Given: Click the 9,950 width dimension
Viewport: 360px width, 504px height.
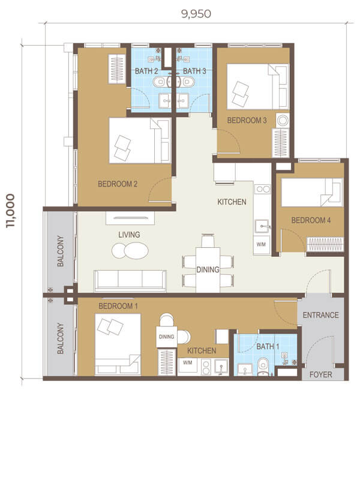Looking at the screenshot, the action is [196, 14].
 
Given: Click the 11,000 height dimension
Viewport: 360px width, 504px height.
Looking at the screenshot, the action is [10, 211].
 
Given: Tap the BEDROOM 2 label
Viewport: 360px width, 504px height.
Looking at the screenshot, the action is [118, 184].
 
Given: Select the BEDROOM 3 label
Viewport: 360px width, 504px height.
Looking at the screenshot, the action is [247, 120].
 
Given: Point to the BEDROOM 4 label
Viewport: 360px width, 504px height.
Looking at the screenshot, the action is [311, 220].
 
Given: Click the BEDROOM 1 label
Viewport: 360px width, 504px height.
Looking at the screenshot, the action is [118, 306].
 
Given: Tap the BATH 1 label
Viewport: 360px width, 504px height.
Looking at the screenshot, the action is [268, 347].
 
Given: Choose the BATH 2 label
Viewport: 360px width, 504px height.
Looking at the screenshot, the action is [146, 71].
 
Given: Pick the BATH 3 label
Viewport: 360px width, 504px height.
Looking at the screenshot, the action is [194, 71].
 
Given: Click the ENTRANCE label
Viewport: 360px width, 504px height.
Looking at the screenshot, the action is [321, 315].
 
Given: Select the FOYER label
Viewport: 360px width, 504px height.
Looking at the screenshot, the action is [321, 374].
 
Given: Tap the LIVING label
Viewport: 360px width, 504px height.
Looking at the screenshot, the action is [129, 235].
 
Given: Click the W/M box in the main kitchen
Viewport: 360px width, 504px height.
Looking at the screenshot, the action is [262, 245].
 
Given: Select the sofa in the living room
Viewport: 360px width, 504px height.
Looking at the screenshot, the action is [130, 280].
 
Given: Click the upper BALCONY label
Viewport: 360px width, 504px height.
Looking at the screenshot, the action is [61, 251].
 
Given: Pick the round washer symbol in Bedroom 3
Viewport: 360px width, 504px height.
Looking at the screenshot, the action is [283, 121].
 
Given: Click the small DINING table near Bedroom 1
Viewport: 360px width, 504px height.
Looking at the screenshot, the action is [167, 337].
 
